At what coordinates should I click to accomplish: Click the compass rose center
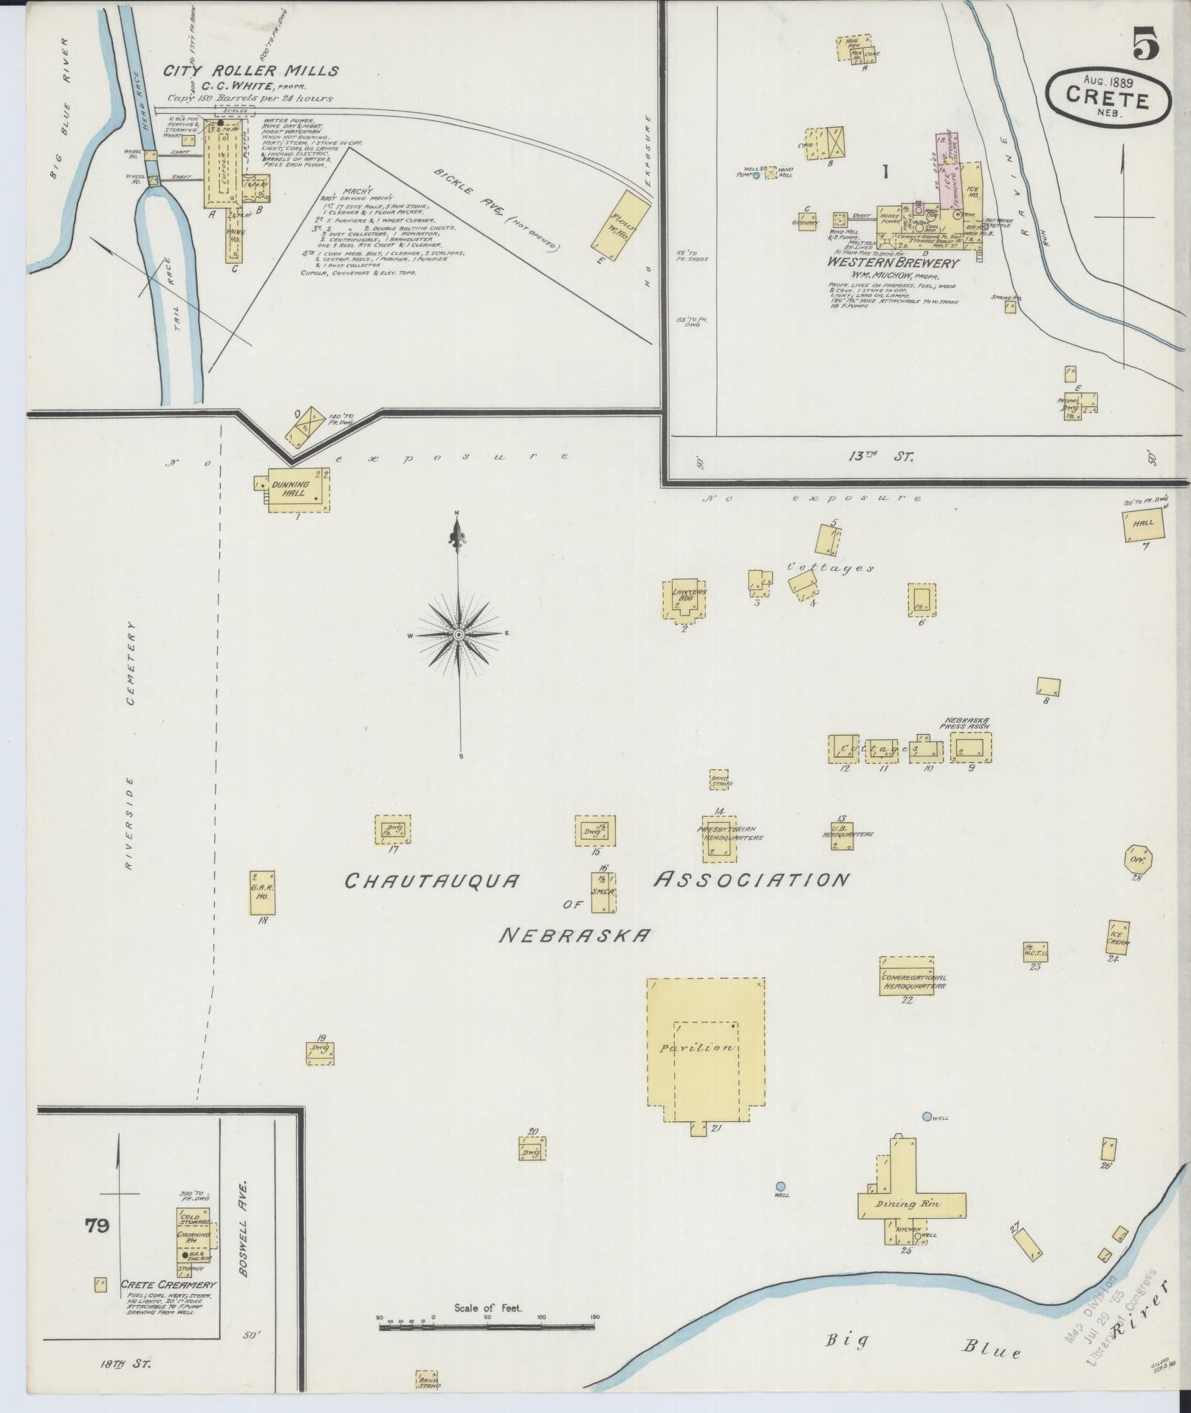pos(458,634)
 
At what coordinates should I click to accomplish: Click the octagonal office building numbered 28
pos(1138,859)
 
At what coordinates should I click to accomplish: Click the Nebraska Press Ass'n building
pos(969,747)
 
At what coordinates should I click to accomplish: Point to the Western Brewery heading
pos(893,262)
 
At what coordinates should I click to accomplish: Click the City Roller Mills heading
pos(251,72)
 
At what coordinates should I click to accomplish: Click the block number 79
pos(97,1226)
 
